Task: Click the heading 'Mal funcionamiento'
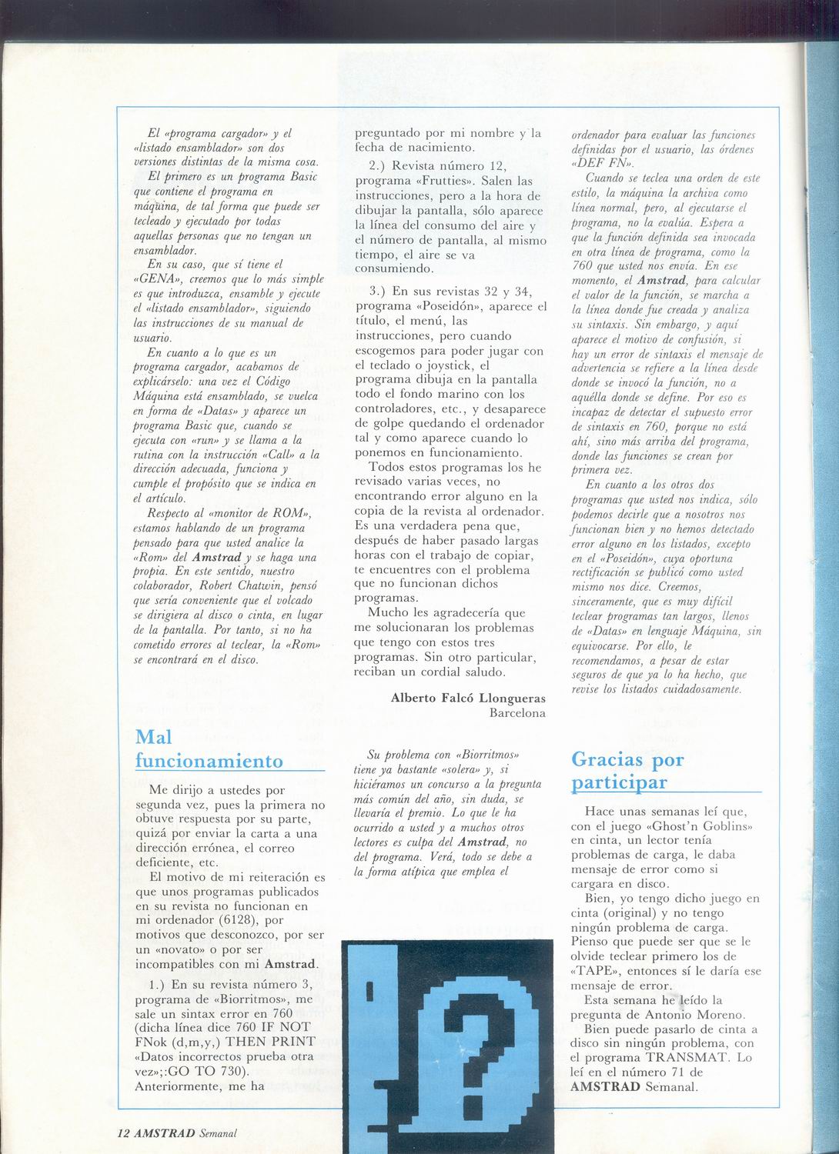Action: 209,749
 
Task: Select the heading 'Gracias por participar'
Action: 628,770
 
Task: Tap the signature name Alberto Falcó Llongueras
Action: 468,698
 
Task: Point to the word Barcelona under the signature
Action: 517,712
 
